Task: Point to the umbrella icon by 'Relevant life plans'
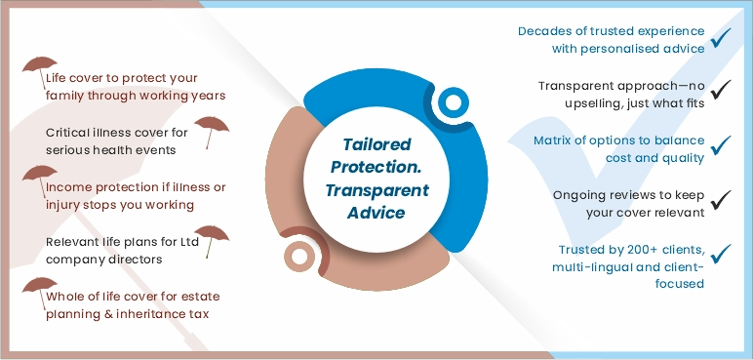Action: (216, 239)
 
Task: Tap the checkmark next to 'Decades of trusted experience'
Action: (721, 38)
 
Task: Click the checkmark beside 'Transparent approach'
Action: (721, 92)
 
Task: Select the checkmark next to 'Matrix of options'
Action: (721, 146)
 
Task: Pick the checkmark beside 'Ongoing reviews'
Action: (721, 200)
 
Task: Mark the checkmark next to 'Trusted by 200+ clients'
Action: (721, 255)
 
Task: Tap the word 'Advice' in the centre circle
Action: (379, 211)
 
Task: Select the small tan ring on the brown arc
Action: (296, 257)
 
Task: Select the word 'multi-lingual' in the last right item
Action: (592, 266)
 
